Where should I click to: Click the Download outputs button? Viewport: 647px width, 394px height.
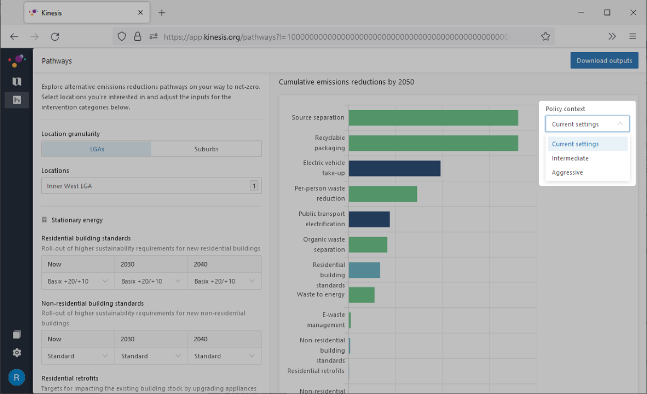point(604,60)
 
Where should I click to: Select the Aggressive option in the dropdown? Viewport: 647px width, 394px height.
point(567,172)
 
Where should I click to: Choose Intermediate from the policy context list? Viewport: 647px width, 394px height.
point(570,158)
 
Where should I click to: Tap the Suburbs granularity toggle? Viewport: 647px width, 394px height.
point(206,149)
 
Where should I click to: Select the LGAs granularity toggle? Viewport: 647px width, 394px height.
point(97,149)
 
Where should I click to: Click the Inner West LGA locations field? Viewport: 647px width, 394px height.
point(151,185)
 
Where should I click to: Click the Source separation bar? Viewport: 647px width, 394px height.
point(433,118)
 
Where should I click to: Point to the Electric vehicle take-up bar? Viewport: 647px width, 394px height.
point(395,168)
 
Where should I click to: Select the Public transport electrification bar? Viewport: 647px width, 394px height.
point(369,219)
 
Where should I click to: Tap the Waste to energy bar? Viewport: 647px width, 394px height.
point(362,295)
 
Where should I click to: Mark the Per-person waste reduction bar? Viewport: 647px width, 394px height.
point(383,194)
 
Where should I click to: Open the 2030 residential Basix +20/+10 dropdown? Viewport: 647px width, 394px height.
point(151,281)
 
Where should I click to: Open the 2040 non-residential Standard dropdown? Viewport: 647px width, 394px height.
point(224,356)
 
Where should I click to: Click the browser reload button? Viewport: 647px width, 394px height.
point(55,37)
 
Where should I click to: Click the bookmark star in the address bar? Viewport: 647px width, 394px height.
point(545,37)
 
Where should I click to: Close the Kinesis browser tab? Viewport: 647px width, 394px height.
point(140,12)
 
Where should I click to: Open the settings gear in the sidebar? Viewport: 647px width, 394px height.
point(17,353)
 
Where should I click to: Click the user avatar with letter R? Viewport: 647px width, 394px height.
point(17,377)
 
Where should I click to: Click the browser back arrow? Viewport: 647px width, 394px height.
point(14,37)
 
